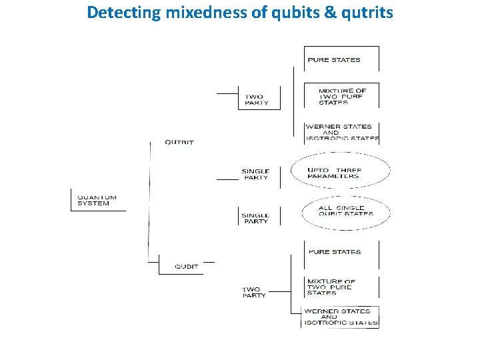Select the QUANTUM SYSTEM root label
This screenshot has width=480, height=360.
tap(97, 200)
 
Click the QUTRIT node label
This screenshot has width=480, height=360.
tap(179, 143)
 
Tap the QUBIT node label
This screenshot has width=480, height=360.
tap(187, 267)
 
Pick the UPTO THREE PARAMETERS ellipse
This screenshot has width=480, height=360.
tap(341, 173)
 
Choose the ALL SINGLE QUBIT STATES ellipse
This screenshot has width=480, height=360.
tap(345, 211)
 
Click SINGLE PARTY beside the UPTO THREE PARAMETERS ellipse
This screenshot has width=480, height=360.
tap(255, 175)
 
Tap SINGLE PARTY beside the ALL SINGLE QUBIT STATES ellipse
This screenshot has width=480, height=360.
tap(255, 218)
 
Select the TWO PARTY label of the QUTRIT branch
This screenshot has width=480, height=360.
tap(257, 99)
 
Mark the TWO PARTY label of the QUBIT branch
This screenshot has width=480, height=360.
tap(254, 292)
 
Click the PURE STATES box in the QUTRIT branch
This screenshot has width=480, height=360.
tap(334, 60)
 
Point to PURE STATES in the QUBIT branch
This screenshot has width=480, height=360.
tap(335, 252)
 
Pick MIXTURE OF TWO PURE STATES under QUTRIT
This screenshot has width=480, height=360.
tap(342, 97)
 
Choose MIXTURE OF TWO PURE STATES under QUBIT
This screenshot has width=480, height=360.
tap(331, 287)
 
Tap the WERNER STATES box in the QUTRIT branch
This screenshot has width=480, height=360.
tap(341, 132)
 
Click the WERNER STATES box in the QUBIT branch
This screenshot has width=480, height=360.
tap(341, 317)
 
